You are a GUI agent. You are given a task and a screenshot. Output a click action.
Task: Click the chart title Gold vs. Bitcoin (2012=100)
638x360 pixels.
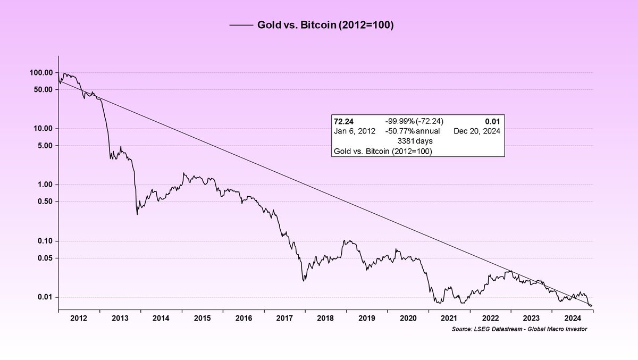pos(325,25)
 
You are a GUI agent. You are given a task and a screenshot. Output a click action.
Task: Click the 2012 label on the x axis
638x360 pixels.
pos(79,318)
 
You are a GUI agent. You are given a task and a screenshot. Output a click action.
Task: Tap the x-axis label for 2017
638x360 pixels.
pos(284,318)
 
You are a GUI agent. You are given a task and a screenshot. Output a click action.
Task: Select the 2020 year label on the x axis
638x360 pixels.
pos(408,318)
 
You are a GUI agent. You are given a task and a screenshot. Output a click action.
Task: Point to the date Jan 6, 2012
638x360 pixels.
pos(354,131)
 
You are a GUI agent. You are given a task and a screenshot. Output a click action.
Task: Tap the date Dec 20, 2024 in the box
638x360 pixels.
pos(477,131)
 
